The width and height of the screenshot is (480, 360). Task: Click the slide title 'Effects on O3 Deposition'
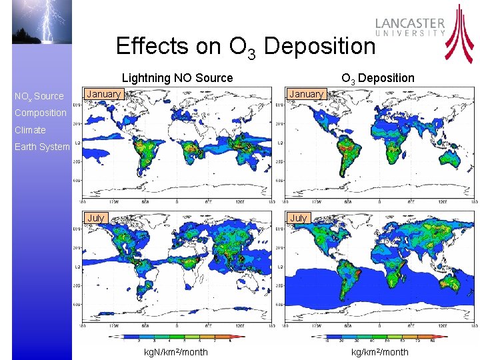click(245, 46)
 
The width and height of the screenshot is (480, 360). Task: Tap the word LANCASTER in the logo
click(410, 23)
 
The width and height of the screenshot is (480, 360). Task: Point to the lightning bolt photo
click(41, 22)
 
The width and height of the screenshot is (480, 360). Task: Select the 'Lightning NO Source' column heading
click(177, 78)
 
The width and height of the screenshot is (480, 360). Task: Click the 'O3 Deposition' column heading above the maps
click(378, 78)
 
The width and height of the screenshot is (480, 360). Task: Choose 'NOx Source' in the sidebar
click(39, 97)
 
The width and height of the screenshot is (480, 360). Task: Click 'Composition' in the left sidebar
click(40, 113)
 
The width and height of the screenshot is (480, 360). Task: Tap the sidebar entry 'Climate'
click(30, 130)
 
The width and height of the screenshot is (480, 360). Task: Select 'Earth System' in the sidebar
click(41, 147)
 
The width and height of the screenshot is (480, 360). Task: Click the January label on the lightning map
click(104, 94)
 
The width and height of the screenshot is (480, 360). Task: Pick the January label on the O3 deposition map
click(307, 94)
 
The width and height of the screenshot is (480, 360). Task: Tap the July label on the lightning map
click(96, 218)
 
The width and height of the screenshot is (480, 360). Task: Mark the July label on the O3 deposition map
click(299, 218)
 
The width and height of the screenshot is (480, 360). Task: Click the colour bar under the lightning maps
click(177, 337)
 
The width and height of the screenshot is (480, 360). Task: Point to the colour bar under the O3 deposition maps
click(379, 337)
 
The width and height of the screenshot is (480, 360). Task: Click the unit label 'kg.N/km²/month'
click(177, 352)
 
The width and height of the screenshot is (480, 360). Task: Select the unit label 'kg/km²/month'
click(379, 352)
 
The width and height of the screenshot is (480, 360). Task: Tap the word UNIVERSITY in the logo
click(411, 33)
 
